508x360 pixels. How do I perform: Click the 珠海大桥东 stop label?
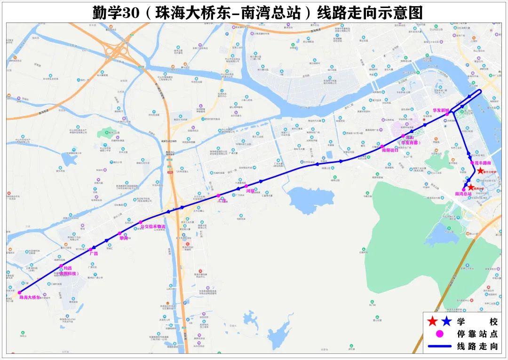[x=30, y=297]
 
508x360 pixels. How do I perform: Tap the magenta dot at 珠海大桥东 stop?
[x=19, y=292]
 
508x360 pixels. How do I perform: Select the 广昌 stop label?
[x=93, y=253]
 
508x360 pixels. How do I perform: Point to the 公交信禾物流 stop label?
[x=153, y=227]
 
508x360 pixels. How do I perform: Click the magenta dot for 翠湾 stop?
[x=120, y=233]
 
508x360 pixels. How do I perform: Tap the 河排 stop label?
[x=249, y=191]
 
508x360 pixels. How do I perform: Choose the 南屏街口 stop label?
[x=390, y=150]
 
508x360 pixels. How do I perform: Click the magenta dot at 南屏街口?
[x=382, y=146]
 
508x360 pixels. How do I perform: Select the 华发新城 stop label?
[x=441, y=110]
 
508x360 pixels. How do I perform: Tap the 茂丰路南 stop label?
[x=483, y=163]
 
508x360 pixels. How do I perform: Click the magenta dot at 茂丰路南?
[x=472, y=163]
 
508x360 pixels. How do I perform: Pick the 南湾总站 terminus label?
[x=463, y=194]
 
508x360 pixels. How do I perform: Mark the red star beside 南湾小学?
[x=471, y=187]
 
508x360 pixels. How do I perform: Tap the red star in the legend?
[x=431, y=321]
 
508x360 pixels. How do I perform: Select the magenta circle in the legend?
[x=439, y=334]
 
